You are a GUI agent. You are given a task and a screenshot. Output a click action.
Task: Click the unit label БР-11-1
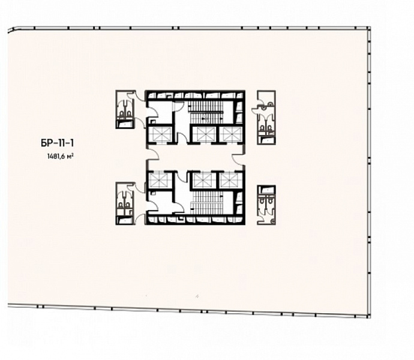tap(57, 143)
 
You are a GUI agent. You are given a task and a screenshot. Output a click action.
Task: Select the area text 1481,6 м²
tap(60, 157)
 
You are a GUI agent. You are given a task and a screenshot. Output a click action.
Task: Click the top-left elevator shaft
tap(160, 134)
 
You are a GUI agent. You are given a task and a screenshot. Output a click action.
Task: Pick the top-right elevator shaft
tap(230, 134)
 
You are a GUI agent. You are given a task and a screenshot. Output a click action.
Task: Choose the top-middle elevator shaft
tap(204, 134)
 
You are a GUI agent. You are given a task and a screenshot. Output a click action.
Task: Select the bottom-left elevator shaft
tap(160, 179)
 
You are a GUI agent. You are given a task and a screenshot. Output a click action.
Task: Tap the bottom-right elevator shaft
tap(230, 180)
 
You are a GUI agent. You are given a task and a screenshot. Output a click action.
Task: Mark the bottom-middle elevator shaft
tap(204, 180)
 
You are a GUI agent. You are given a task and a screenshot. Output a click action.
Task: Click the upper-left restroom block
tap(125, 109)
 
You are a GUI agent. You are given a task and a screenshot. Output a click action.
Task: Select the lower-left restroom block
tap(125, 203)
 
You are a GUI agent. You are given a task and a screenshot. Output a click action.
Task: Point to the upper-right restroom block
tap(266, 118)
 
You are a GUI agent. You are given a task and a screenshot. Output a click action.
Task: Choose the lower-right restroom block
tap(266, 205)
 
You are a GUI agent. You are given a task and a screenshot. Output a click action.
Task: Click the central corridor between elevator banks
tap(196, 157)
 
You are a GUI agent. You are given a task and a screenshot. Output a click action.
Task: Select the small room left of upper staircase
tap(160, 113)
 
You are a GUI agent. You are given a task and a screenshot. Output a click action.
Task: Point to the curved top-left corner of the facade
tap(12, 29)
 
